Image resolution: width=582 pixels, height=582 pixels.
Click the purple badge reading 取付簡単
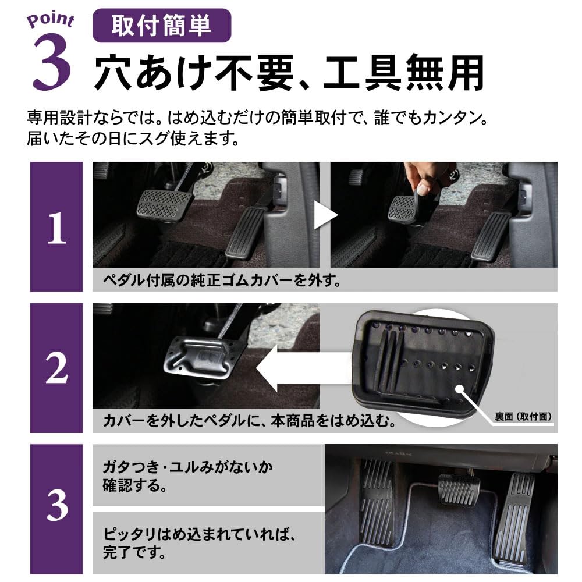click(162, 26)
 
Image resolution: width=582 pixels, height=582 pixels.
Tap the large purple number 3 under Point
click(52, 62)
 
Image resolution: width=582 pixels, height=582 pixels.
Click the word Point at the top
click(51, 20)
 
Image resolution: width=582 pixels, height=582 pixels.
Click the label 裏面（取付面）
click(523, 417)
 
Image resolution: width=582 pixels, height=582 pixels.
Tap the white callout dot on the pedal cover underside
click(460, 389)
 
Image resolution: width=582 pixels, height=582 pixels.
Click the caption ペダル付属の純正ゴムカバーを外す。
click(222, 281)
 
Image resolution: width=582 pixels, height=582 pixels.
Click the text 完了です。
click(134, 552)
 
